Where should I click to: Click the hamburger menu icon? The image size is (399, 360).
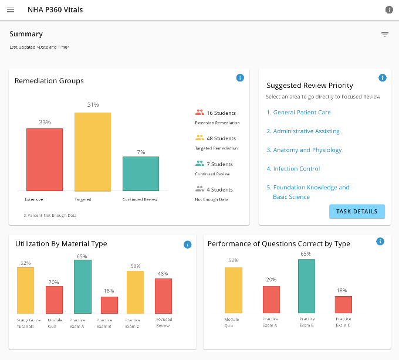click(11, 10)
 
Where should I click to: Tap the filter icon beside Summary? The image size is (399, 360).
click(385, 35)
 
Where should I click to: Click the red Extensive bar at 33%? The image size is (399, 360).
click(45, 159)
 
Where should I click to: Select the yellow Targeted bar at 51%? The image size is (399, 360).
click(93, 152)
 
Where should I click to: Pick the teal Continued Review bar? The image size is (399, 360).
click(141, 174)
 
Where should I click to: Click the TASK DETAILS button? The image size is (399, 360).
click(357, 211)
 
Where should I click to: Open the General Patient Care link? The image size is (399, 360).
click(299, 113)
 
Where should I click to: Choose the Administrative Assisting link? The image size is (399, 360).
click(303, 131)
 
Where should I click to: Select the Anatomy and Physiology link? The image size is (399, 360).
click(304, 150)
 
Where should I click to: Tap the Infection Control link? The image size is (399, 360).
click(293, 168)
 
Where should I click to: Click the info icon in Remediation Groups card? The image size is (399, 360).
click(240, 78)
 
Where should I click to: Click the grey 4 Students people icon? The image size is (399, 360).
click(199, 189)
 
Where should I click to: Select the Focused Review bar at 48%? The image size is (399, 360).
click(163, 296)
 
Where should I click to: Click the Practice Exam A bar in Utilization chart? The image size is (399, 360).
click(83, 287)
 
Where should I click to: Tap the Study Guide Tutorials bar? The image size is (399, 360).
click(25, 291)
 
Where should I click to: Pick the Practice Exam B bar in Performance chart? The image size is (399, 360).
click(306, 286)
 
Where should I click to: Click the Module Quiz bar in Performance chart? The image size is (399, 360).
click(234, 290)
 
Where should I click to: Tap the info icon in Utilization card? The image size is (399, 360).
click(188, 244)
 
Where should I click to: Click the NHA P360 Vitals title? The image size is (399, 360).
click(55, 10)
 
